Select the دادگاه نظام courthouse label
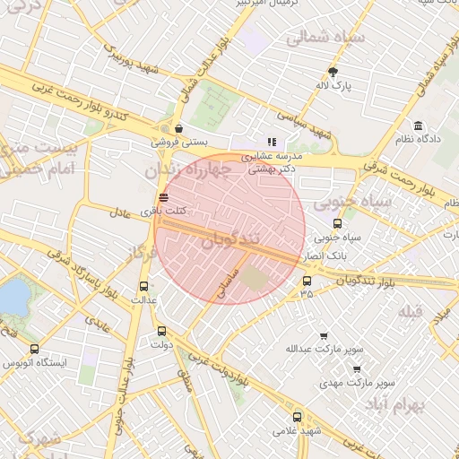(x=419, y=139)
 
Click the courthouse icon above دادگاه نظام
(x=419, y=125)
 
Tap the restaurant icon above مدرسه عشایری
(x=272, y=142)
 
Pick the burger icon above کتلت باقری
(x=163, y=197)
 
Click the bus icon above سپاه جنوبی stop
(x=337, y=225)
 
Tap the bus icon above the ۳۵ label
(x=307, y=281)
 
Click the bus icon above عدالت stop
(x=143, y=286)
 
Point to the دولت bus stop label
(x=161, y=343)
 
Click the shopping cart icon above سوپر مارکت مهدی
(x=357, y=368)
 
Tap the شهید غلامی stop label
(x=298, y=431)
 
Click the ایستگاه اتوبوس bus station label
(x=35, y=363)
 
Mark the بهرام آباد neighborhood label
(x=393, y=406)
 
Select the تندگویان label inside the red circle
(x=231, y=240)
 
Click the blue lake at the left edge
(x=13, y=297)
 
